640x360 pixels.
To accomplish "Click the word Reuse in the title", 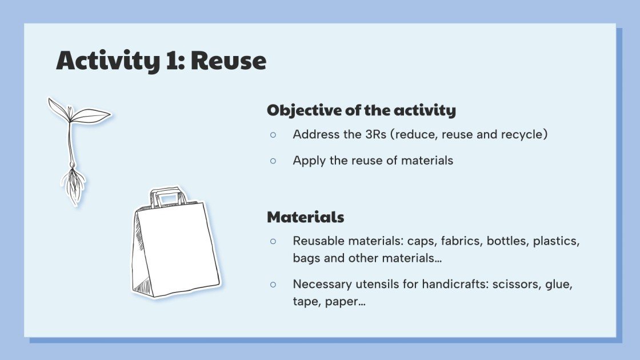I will click(x=228, y=61).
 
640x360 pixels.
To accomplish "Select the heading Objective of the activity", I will click(x=361, y=110).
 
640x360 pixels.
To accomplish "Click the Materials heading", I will click(x=305, y=217).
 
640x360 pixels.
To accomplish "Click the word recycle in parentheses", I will click(x=525, y=135).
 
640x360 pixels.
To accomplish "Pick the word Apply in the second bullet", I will click(x=308, y=161).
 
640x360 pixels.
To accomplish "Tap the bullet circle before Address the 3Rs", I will click(x=273, y=135).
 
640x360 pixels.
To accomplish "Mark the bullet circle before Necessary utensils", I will click(x=273, y=284).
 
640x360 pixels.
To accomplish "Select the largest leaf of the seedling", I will click(x=91, y=115).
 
